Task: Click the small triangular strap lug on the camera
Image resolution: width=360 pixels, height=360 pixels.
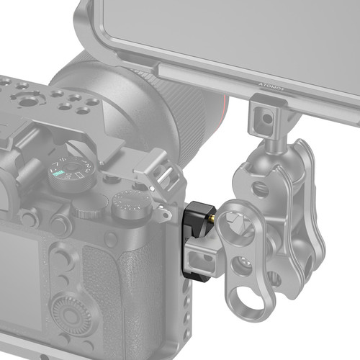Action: click(164, 212)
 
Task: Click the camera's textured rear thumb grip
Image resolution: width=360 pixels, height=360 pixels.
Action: click(108, 288)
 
